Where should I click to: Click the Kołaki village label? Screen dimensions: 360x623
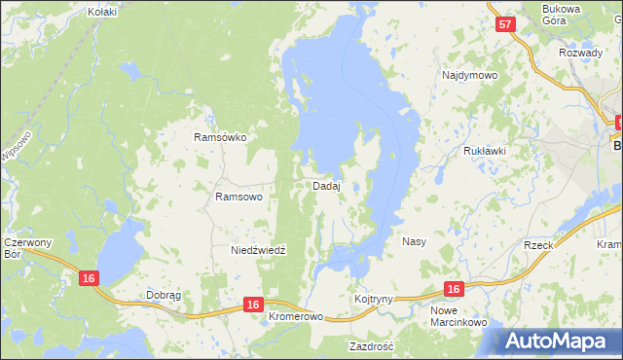(101, 12)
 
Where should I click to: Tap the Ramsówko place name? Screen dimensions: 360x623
(220, 138)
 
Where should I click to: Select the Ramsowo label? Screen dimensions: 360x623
(238, 197)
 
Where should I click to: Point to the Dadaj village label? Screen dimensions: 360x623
(326, 186)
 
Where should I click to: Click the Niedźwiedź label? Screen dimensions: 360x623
(258, 250)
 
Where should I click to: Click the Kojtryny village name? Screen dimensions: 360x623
(374, 299)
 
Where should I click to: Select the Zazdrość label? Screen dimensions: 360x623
(371, 346)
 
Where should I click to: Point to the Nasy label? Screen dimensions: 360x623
(414, 240)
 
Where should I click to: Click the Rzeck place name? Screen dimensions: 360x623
(538, 245)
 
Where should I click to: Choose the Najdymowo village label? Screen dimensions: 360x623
(470, 75)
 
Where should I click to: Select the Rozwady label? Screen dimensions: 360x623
(582, 53)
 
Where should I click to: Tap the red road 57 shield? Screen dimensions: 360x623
(503, 25)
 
